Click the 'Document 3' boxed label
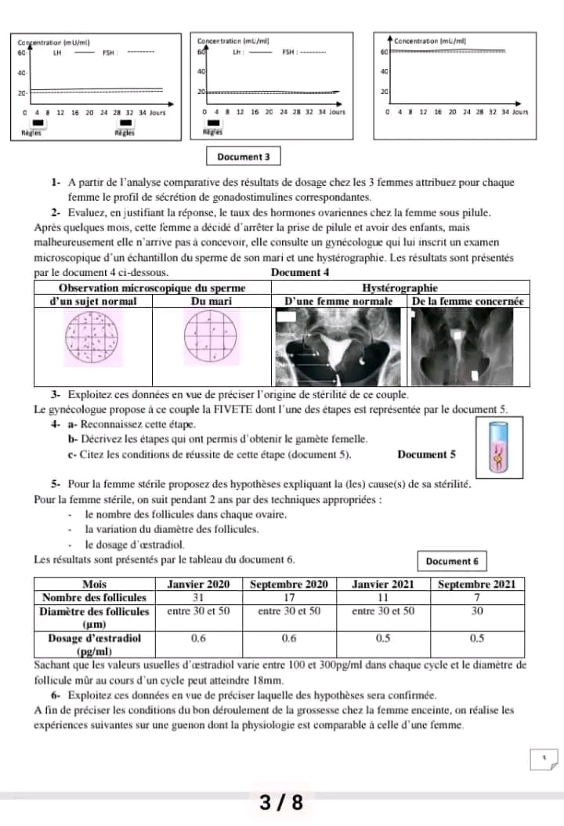tap(243, 157)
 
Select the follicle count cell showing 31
tap(199, 597)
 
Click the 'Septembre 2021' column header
tap(477, 584)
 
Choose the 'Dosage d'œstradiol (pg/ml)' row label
tap(95, 644)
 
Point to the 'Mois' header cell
tap(95, 584)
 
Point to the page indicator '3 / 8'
tap(281, 803)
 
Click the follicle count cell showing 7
tap(477, 597)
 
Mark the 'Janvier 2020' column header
tap(199, 584)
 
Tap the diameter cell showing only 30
tap(477, 610)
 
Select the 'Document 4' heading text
tap(298, 273)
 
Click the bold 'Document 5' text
tap(426, 455)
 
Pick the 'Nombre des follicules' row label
tap(95, 597)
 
